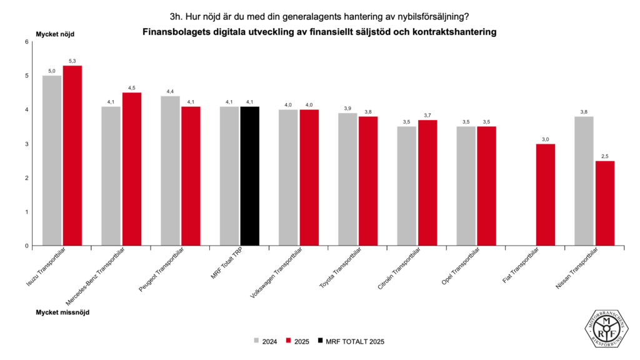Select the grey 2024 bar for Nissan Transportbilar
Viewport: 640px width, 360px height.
pyautogui.click(x=584, y=181)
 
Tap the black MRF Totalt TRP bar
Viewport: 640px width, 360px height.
pyautogui.click(x=249, y=176)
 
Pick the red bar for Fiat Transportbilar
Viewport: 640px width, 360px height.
pyautogui.click(x=546, y=194)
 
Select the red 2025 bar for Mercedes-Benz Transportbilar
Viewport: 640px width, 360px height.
pyautogui.click(x=131, y=169)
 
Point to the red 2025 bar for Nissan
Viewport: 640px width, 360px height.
pyautogui.click(x=604, y=203)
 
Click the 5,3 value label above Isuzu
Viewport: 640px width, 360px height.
pyautogui.click(x=72, y=61)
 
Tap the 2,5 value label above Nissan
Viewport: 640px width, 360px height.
pyautogui.click(x=604, y=156)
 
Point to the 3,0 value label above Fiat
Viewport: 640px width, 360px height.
pyautogui.click(x=546, y=139)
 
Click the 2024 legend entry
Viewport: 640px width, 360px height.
pyautogui.click(x=265, y=341)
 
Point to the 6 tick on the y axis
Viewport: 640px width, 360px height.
pyautogui.click(x=27, y=42)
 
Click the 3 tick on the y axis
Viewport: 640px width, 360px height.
pyautogui.click(x=27, y=144)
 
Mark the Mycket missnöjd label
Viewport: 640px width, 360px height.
pyautogui.click(x=62, y=311)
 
